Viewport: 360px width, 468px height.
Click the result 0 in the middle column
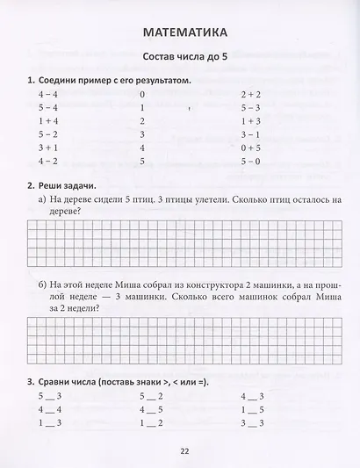click(141, 92)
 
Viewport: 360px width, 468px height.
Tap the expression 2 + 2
click(250, 92)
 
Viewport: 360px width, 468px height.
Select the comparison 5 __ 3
click(49, 395)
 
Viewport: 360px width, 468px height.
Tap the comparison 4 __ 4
click(49, 409)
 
